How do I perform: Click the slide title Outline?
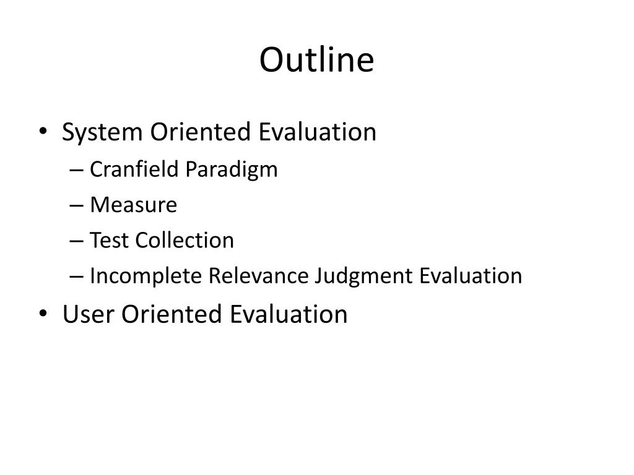pyautogui.click(x=316, y=61)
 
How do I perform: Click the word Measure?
pyautogui.click(x=133, y=205)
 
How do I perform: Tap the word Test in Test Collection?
pyautogui.click(x=110, y=240)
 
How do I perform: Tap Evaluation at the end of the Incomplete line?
pyautogui.click(x=471, y=276)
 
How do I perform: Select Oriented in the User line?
pyautogui.click(x=171, y=314)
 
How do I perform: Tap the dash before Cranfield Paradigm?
pyautogui.click(x=80, y=170)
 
